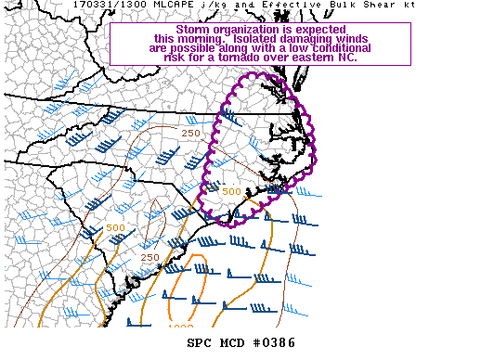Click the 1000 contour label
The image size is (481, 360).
tap(180, 327)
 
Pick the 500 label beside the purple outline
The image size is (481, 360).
tap(231, 192)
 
